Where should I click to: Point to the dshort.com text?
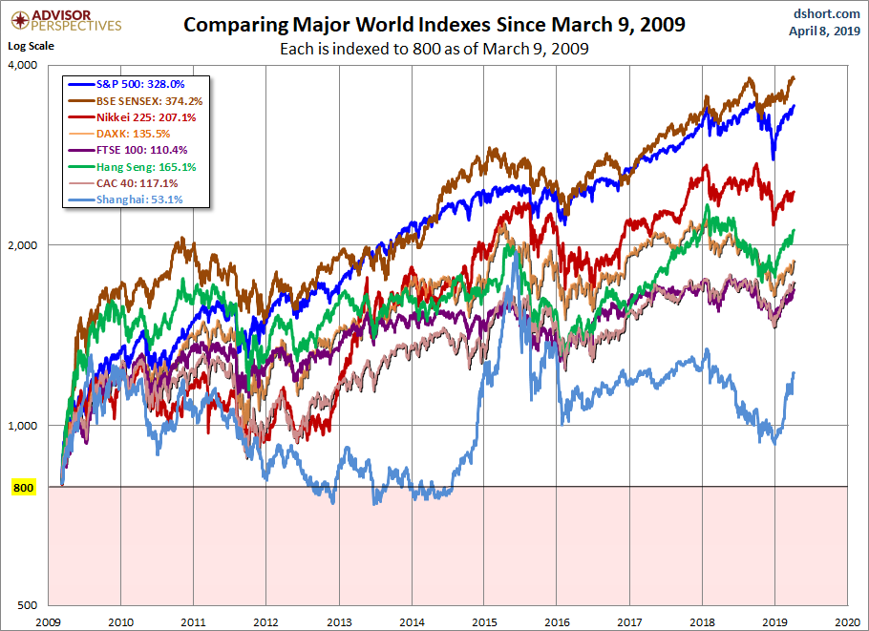click(821, 12)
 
